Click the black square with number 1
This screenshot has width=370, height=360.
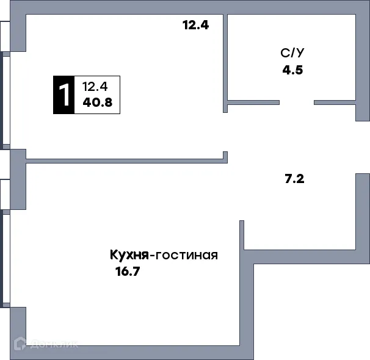pyautogui.click(x=63, y=95)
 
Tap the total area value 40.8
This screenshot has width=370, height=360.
pyautogui.click(x=97, y=103)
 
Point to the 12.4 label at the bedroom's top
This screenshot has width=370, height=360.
pyautogui.click(x=195, y=26)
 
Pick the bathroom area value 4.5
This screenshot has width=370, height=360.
pyautogui.click(x=292, y=69)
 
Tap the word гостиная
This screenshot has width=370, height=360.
pyautogui.click(x=187, y=255)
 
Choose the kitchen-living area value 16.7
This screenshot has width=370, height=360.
pyautogui.click(x=128, y=272)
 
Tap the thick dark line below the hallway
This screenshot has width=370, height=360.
pyautogui.click(x=311, y=266)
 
